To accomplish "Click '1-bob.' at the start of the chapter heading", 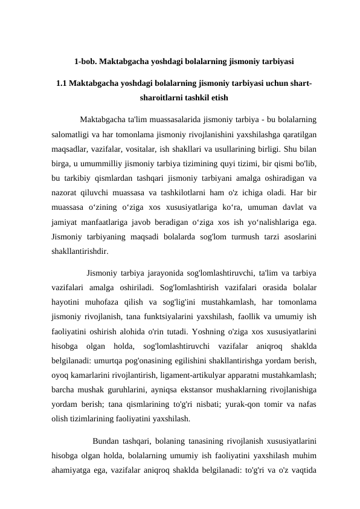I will [x=85, y=61].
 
